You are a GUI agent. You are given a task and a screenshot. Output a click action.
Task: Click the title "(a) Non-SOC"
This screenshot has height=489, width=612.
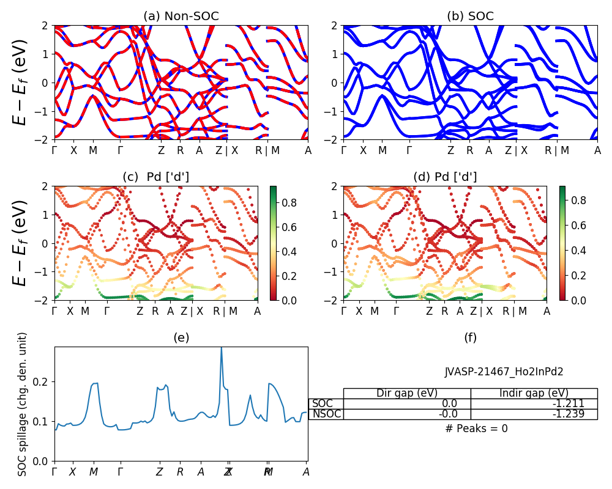coord(181,17)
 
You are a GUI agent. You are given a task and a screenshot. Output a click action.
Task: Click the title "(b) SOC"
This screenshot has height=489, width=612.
coord(470,17)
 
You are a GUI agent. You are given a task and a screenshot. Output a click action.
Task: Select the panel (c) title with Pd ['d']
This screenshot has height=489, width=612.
coord(156,177)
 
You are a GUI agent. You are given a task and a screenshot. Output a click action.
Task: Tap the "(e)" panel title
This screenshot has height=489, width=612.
coord(181,337)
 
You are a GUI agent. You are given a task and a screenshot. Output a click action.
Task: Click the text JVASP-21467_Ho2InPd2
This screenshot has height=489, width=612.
coord(504,371)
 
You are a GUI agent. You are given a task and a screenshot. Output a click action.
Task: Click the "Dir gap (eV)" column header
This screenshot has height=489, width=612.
coord(407,393)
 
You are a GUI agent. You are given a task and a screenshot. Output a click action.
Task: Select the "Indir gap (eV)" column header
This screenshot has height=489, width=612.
coord(534,393)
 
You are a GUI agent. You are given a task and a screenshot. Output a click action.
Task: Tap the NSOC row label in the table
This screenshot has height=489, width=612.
coord(326,414)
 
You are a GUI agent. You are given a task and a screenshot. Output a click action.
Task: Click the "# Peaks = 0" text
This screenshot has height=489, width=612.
coord(476,428)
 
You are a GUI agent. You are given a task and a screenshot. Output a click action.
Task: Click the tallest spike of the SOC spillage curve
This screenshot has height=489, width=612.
coord(221,348)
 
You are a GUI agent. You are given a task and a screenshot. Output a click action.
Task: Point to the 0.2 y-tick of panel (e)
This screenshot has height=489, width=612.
coord(43,381)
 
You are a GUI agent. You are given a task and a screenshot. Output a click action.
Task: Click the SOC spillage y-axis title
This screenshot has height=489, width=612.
coord(23,403)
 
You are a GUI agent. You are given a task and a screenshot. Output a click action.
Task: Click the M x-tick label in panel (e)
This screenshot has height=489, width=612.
coord(94,472)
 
